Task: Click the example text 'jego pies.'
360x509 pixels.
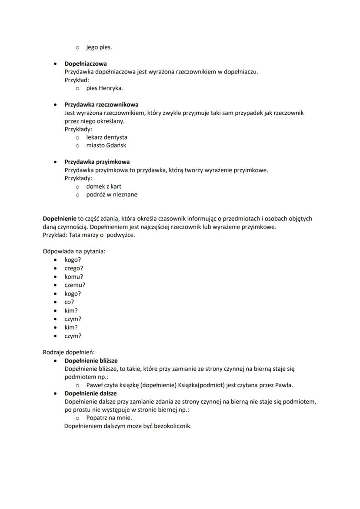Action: [x=99, y=47]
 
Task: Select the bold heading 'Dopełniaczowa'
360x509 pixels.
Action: [x=86, y=63]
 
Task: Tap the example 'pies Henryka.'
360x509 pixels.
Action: [x=104, y=88]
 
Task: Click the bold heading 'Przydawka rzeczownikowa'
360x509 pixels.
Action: [x=101, y=105]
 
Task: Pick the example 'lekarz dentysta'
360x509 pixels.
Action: [x=107, y=137]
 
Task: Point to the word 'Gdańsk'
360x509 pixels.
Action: [x=116, y=145]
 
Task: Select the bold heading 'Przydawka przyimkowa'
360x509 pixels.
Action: [x=97, y=162]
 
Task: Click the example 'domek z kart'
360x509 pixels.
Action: [x=103, y=186]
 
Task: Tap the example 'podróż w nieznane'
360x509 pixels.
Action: [x=112, y=195]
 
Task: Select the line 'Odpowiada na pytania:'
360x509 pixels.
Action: [x=74, y=251]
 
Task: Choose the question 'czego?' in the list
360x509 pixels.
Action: [x=73, y=268]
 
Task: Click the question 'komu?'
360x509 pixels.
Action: [x=73, y=276]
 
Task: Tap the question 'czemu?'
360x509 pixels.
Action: [x=75, y=285]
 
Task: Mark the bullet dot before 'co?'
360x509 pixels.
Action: [x=55, y=302]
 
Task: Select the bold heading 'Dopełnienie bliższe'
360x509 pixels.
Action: [x=91, y=361]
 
